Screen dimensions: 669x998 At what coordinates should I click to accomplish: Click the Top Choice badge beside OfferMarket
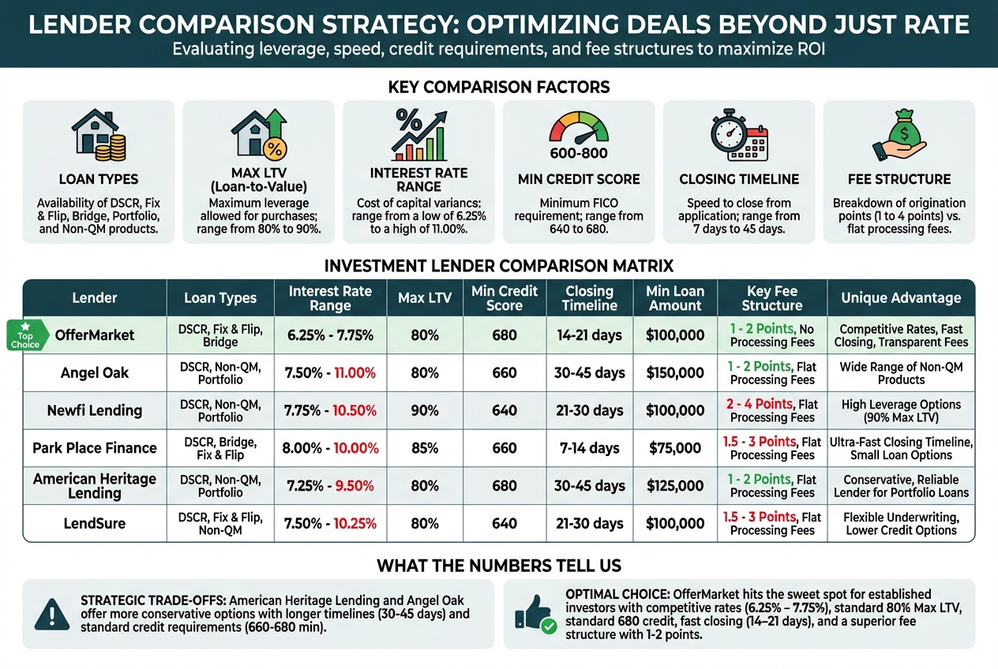click(25, 334)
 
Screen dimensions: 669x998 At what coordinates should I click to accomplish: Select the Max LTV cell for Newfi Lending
click(425, 410)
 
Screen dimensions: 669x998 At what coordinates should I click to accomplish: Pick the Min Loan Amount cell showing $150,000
click(675, 372)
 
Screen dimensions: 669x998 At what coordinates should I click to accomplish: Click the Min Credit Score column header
click(505, 298)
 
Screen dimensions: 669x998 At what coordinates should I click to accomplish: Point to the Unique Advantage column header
click(901, 298)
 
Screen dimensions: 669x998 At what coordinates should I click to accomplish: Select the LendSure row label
click(94, 523)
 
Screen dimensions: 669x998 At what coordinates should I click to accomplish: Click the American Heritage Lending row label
click(94, 486)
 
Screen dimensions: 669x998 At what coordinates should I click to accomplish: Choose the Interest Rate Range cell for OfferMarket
click(330, 335)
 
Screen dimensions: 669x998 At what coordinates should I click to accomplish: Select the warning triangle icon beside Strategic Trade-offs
click(52, 614)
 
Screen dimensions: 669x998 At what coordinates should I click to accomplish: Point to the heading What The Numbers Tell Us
click(499, 566)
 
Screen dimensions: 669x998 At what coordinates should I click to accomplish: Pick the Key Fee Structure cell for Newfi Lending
click(772, 410)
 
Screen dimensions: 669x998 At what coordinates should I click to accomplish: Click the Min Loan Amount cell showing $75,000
click(675, 448)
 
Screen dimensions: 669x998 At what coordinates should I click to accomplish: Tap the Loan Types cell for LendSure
click(220, 523)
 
